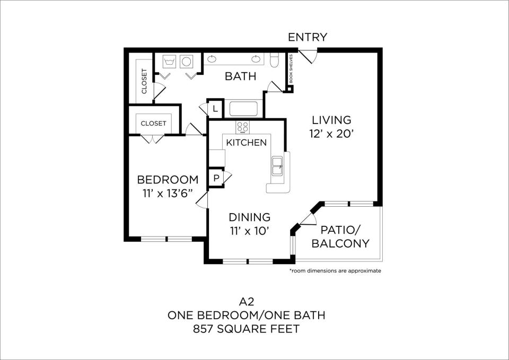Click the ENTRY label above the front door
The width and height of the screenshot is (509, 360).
click(x=308, y=37)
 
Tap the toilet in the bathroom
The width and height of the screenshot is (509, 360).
click(x=274, y=60)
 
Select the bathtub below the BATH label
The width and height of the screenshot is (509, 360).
click(x=243, y=109)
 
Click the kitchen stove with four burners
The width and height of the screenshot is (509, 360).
click(x=242, y=127)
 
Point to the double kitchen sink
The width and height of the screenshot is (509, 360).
click(x=277, y=166)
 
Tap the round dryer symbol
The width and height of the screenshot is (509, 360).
click(x=186, y=62)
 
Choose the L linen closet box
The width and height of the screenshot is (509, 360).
click(x=215, y=108)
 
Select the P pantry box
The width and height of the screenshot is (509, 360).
click(x=216, y=178)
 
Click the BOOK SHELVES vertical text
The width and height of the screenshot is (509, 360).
click(x=291, y=68)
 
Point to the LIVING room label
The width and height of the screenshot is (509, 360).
click(x=331, y=120)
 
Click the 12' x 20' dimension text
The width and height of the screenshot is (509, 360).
click(x=331, y=134)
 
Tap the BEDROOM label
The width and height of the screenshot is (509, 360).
click(x=168, y=180)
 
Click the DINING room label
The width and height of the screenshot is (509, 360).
click(x=249, y=217)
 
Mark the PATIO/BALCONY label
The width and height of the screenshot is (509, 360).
click(x=340, y=236)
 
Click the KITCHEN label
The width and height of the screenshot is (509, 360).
click(x=247, y=143)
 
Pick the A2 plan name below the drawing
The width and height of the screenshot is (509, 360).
click(x=247, y=302)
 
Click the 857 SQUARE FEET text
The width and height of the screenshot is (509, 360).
click(x=246, y=329)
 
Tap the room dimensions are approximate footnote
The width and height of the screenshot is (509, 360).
click(x=335, y=270)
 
